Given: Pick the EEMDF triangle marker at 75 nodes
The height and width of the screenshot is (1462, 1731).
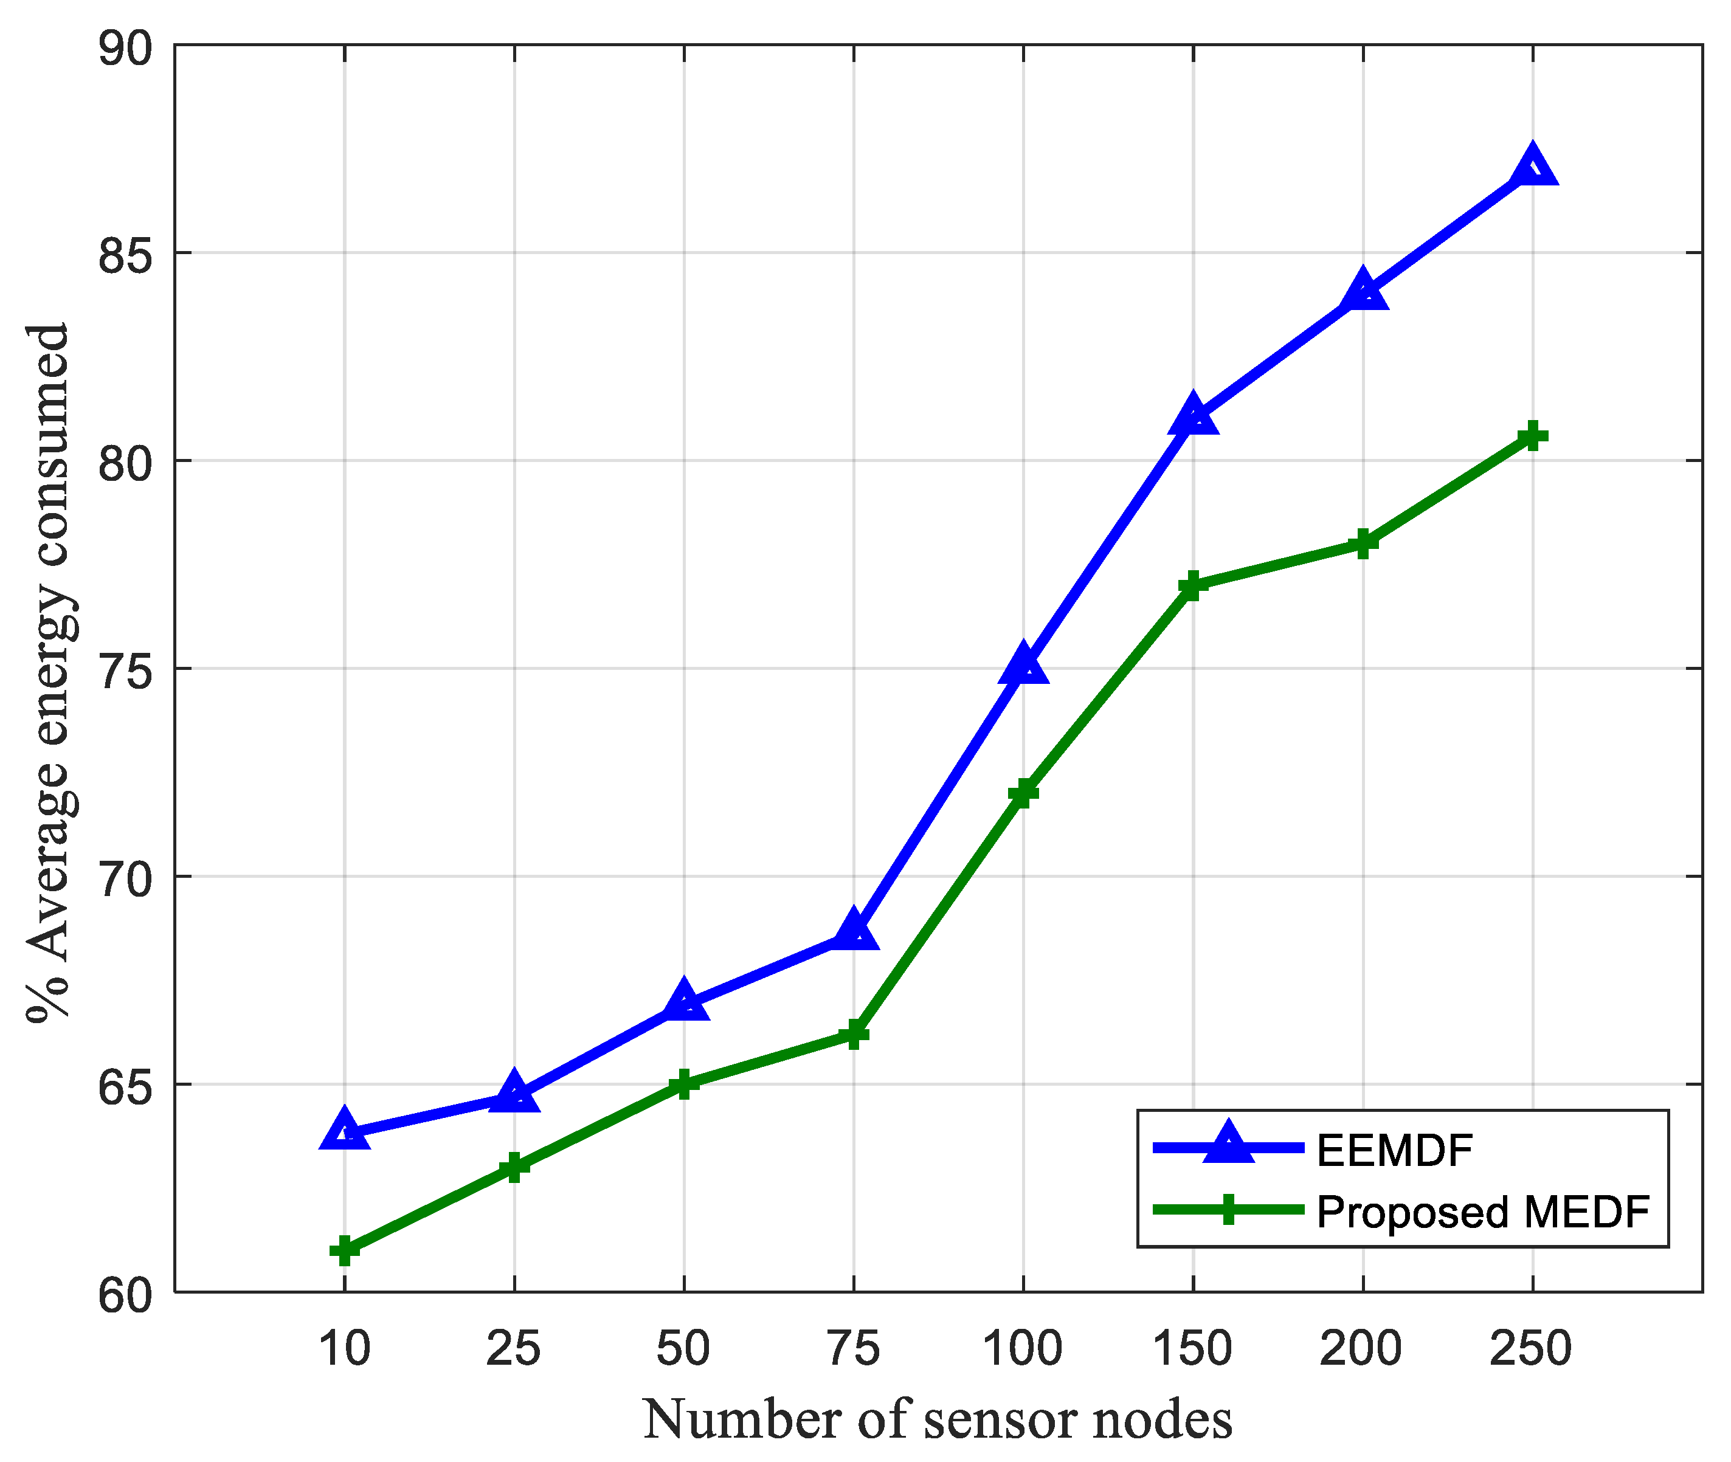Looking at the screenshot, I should [x=853, y=931].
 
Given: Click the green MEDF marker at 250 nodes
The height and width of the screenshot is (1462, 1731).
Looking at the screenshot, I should [x=1532, y=435].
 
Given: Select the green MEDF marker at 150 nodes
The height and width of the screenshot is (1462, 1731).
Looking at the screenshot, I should [x=1193, y=585].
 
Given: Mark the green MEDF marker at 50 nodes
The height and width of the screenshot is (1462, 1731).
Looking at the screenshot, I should [x=684, y=1083].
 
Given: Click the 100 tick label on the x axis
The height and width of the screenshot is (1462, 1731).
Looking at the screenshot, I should [x=1022, y=1348].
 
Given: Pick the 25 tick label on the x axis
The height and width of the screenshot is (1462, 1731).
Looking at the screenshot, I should [x=513, y=1348].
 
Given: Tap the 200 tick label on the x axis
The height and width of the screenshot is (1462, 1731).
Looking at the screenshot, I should [x=1361, y=1348].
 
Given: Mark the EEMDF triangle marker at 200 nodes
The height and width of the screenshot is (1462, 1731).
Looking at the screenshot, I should [x=1362, y=292].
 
